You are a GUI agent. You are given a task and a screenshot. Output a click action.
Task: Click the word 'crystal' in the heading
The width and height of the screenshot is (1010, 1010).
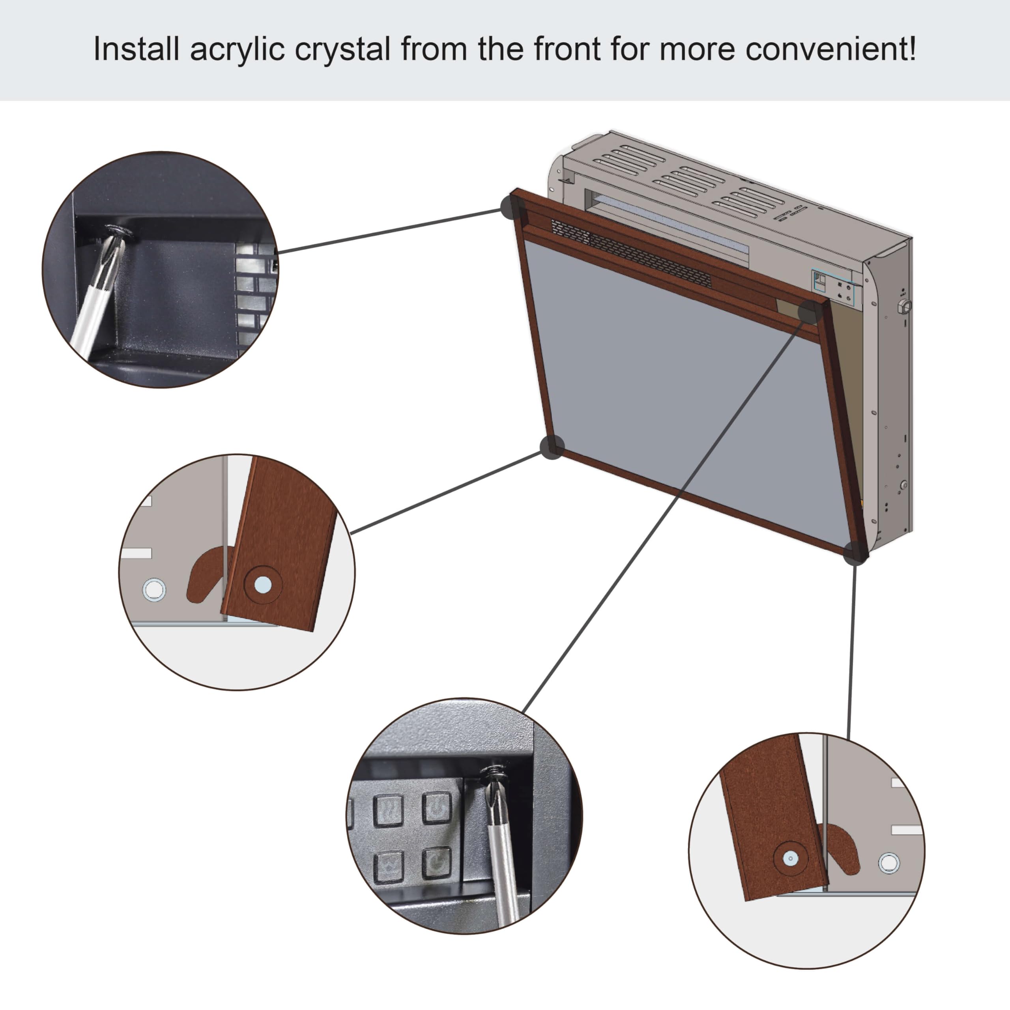coord(342,50)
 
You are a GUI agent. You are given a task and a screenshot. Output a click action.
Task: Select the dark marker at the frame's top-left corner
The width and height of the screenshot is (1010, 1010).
coord(512,208)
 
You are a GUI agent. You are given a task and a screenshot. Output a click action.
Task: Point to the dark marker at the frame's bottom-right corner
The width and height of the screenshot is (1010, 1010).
coord(856,553)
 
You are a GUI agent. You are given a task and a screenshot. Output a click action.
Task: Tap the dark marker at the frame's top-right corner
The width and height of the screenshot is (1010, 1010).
coord(809,312)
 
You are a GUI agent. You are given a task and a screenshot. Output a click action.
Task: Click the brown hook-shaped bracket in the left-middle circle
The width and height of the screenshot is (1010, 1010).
coord(204,575)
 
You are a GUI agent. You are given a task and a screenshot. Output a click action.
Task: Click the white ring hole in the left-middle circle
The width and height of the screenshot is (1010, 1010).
coord(154,590)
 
